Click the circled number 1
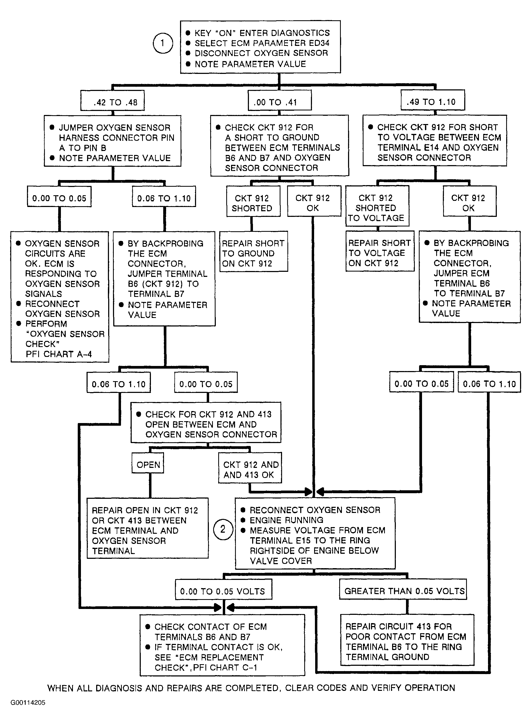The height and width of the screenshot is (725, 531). click(x=163, y=43)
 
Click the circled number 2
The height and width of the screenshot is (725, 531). click(x=223, y=529)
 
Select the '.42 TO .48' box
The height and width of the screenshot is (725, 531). click(x=112, y=101)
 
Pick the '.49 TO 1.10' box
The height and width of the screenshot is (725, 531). click(x=433, y=101)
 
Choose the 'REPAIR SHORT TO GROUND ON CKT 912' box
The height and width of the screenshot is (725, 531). click(x=253, y=252)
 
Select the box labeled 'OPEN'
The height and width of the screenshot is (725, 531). click(x=148, y=463)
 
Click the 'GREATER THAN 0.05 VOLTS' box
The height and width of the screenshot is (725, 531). click(x=403, y=589)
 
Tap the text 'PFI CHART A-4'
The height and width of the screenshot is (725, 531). click(x=59, y=354)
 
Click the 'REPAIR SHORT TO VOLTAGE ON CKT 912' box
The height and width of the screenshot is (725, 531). click(x=380, y=251)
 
